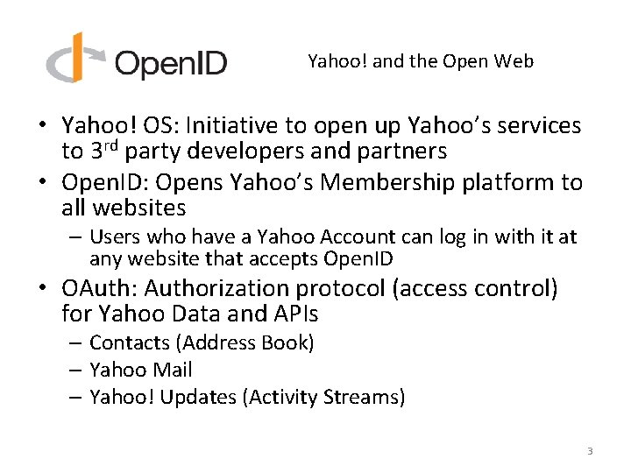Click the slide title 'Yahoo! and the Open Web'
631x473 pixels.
pos(421,61)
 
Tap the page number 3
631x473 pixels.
pos(590,451)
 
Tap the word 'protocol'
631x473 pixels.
pos(344,288)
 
